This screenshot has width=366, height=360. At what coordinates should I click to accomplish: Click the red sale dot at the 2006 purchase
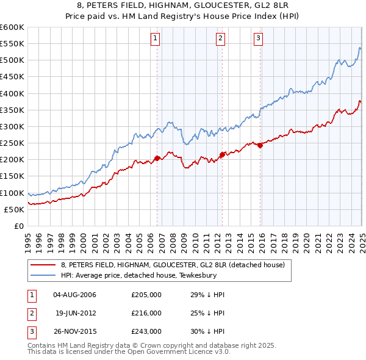coord(157,158)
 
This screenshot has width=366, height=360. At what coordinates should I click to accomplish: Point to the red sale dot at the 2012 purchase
coord(222,154)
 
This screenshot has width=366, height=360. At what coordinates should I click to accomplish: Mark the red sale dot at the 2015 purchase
coord(260,145)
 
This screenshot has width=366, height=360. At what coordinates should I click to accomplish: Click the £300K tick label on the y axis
coord(12,126)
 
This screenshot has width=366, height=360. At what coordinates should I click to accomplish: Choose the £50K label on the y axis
coord(15,209)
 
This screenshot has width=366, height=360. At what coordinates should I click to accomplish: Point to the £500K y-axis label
coord(12,60)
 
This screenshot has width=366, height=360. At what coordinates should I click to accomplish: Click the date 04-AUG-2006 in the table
coord(75,295)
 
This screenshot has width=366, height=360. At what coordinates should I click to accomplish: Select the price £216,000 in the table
coord(146,313)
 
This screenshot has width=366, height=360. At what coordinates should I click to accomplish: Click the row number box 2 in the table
coord(32,313)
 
